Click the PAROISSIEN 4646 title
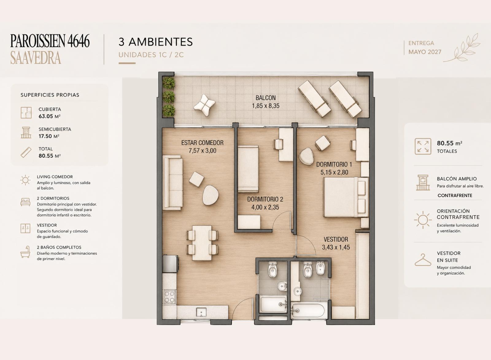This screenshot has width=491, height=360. pyautogui.click(x=50, y=41)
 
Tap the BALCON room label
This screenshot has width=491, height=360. pyautogui.click(x=265, y=98)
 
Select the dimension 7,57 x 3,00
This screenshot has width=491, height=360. pyautogui.click(x=202, y=151)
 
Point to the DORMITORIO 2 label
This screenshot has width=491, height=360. pyautogui.click(x=265, y=199)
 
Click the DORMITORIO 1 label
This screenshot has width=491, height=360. pyautogui.click(x=334, y=164)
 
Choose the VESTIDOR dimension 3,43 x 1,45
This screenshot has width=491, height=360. pyautogui.click(x=336, y=247)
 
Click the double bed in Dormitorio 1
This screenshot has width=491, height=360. pyautogui.click(x=346, y=197)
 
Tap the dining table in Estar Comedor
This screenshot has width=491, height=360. pyautogui.click(x=202, y=243)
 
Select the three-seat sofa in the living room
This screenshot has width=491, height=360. pyautogui.click(x=173, y=183)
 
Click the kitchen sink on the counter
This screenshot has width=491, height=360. pyautogui.click(x=201, y=312)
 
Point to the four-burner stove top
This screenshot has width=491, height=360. pyautogui.click(x=169, y=297)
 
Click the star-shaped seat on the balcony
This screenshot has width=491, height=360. pyautogui.click(x=204, y=105)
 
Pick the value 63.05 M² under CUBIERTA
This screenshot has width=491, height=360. pyautogui.click(x=49, y=116)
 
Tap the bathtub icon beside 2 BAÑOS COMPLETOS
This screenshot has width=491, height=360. pyautogui.click(x=25, y=252)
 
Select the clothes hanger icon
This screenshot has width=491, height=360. pyautogui.click(x=423, y=260)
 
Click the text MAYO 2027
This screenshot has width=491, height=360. pyautogui.click(x=425, y=52)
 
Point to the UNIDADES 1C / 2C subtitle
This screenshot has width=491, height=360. pyautogui.click(x=151, y=55)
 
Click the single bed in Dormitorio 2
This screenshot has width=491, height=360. pyautogui.click(x=248, y=169)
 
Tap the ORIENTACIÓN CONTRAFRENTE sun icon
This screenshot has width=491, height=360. pyautogui.click(x=423, y=220)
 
